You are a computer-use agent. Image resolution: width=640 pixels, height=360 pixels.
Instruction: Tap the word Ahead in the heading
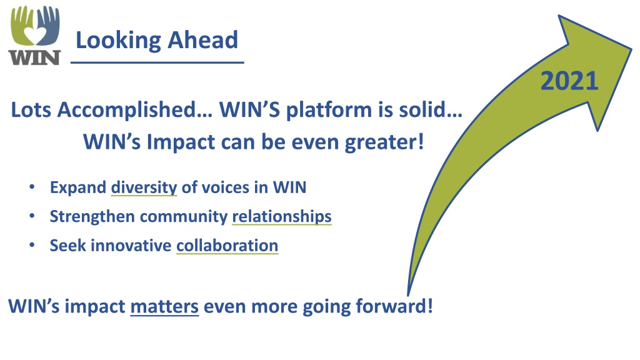203,40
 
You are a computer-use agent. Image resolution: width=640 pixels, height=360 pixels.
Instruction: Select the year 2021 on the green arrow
569,81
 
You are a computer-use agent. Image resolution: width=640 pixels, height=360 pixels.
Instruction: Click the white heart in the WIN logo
35,35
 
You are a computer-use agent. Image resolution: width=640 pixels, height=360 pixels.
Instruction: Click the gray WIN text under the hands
35,57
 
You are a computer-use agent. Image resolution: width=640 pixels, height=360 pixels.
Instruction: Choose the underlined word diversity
144,187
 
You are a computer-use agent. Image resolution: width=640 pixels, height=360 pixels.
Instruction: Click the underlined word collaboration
227,246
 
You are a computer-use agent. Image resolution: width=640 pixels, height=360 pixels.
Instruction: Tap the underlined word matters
164,306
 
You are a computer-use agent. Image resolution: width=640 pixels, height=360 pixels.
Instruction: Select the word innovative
131,246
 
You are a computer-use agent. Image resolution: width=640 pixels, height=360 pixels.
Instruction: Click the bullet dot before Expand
32,187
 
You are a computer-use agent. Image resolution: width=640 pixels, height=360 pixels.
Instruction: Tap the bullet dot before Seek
32,245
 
